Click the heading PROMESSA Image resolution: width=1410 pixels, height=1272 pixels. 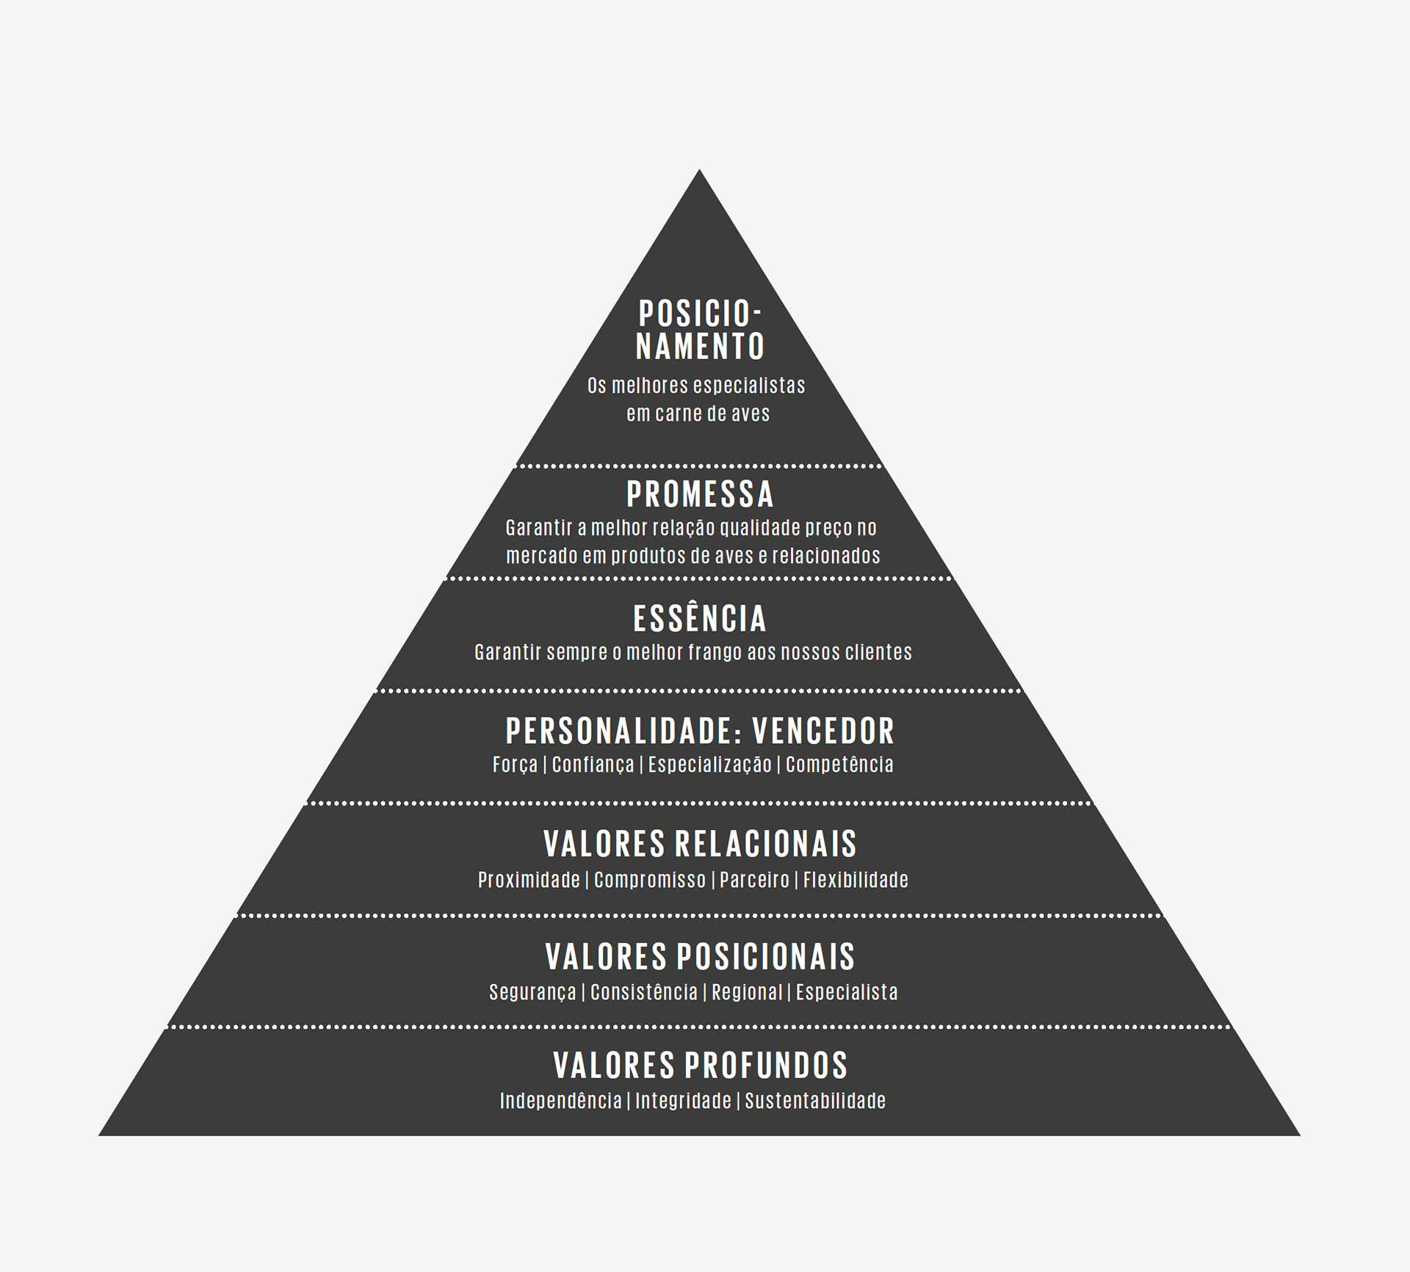(x=700, y=494)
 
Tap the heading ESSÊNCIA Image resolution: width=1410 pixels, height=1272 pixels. (x=700, y=618)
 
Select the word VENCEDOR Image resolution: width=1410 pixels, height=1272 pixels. (x=823, y=731)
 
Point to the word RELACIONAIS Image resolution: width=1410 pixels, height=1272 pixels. (x=766, y=844)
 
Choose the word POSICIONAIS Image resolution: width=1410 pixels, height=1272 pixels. (x=766, y=956)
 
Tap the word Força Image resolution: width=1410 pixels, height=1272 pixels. (x=516, y=765)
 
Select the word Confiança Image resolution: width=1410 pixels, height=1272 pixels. (x=593, y=765)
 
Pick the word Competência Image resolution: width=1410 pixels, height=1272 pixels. (x=839, y=765)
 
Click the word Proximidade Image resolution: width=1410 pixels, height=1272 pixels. (x=529, y=880)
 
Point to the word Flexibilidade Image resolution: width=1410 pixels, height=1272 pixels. (x=856, y=880)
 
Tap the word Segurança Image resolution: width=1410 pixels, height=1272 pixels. (x=532, y=992)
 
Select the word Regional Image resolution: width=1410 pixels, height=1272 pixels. (x=747, y=992)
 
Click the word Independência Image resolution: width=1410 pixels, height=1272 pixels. (x=560, y=1101)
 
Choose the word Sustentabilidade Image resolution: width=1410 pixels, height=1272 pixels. (x=815, y=1101)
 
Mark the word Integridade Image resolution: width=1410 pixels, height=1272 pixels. (x=683, y=1101)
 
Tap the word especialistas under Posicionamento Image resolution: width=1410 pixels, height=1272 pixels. (x=749, y=386)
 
